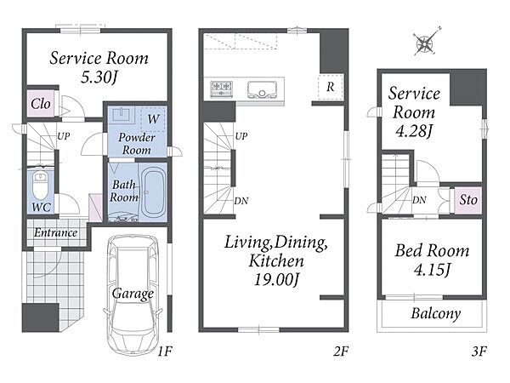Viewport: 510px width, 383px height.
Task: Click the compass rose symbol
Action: click(x=425, y=43)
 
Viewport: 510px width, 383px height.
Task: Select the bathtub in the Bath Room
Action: click(x=153, y=193)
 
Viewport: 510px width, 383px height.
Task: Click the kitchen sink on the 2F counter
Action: click(x=262, y=89)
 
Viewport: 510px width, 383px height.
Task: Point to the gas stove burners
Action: click(x=222, y=89)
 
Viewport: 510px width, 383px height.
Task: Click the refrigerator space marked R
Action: click(x=331, y=87)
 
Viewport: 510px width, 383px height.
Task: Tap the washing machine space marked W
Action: click(x=153, y=119)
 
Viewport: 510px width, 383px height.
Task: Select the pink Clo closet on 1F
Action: click(x=40, y=104)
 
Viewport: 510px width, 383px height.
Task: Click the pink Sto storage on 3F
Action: click(x=467, y=200)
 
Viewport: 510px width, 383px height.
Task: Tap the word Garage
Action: click(x=133, y=294)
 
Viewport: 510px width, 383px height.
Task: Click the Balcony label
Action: click(x=435, y=313)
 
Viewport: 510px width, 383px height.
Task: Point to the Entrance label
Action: click(x=55, y=232)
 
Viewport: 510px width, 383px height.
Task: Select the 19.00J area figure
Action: click(x=276, y=280)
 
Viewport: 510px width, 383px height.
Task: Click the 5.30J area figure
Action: click(x=99, y=77)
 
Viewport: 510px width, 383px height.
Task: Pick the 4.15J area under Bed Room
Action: click(x=432, y=269)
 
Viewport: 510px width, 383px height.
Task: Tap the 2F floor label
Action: click(x=341, y=352)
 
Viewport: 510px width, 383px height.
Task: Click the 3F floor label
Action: click(x=479, y=352)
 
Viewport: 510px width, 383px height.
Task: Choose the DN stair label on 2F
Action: click(x=241, y=201)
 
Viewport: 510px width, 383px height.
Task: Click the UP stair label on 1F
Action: click(x=64, y=136)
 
